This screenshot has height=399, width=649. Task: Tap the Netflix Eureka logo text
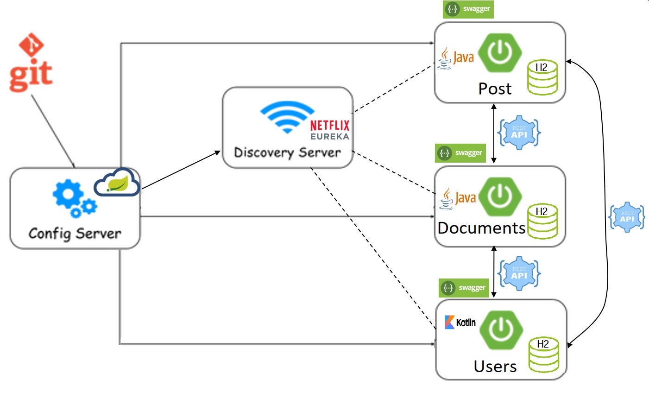click(x=329, y=130)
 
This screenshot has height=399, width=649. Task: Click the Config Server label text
click(x=75, y=233)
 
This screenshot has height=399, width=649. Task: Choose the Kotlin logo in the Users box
click(x=460, y=323)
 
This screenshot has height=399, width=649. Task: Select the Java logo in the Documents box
click(x=458, y=198)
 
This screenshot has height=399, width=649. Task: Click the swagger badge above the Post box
click(x=468, y=9)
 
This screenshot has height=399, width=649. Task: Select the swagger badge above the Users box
click(x=464, y=288)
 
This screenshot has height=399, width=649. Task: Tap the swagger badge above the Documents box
click(x=460, y=153)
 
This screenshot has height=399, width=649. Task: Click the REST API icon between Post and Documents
click(x=519, y=133)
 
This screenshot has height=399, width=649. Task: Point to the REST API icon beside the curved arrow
click(x=627, y=217)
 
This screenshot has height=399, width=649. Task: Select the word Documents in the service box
click(x=481, y=228)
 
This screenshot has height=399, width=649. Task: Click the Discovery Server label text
click(x=287, y=152)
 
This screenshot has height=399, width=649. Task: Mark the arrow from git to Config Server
click(x=53, y=131)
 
